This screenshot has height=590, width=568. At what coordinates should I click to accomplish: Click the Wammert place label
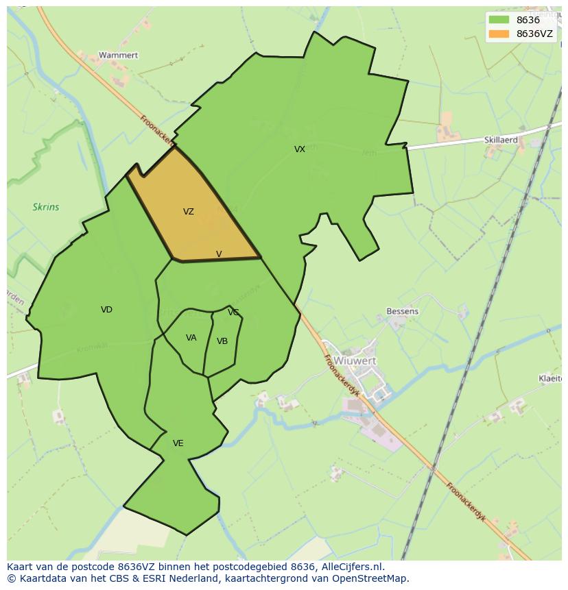click(x=118, y=55)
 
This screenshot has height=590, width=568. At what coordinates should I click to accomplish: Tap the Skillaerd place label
click(x=501, y=140)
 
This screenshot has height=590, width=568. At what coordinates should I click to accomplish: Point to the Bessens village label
click(x=402, y=311)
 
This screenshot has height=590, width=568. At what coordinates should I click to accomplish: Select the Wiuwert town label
click(x=355, y=360)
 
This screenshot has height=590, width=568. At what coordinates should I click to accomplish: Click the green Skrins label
click(x=46, y=207)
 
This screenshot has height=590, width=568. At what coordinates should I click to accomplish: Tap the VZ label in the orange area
click(x=189, y=212)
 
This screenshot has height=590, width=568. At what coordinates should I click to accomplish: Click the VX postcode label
click(x=300, y=149)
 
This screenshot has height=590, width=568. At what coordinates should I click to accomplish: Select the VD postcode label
click(x=106, y=310)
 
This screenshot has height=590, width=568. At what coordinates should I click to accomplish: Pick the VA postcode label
click(x=191, y=338)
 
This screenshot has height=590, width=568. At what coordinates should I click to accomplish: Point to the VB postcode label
click(x=222, y=341)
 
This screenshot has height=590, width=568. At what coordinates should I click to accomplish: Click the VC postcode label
click(x=233, y=312)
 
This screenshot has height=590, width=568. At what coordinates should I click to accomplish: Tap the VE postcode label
click(x=178, y=443)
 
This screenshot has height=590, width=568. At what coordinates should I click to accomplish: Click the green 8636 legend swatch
click(x=499, y=21)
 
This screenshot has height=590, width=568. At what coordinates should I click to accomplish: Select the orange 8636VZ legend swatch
click(x=499, y=34)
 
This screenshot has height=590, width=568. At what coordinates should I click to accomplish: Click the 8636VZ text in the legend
click(x=534, y=34)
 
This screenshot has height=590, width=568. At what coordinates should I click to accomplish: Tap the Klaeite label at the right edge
click(x=550, y=378)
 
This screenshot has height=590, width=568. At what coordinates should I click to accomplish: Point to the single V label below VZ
click(x=219, y=254)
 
